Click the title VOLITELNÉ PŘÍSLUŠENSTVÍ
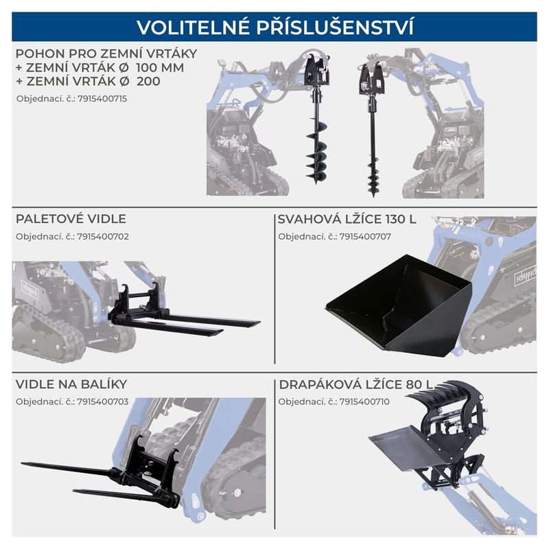click(x=275, y=27)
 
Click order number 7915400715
click(x=102, y=99)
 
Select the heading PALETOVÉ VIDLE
click(x=71, y=219)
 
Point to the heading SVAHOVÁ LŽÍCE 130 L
click(x=347, y=219)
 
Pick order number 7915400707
click(x=365, y=237)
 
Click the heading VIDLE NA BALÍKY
click(x=71, y=384)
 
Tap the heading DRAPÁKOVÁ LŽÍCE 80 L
click(x=355, y=384)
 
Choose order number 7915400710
click(x=364, y=401)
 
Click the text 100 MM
click(x=160, y=67)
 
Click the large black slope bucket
click(x=399, y=305)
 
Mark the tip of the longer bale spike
click(x=22, y=464)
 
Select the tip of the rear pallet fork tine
click(x=259, y=322)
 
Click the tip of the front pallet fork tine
click(x=222, y=331)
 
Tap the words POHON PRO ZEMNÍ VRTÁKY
click(x=106, y=54)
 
